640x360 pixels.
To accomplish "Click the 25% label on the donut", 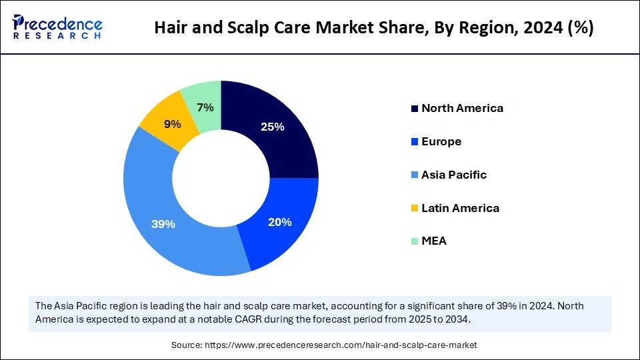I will point(273,127).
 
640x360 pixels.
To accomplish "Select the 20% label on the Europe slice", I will point(279,222).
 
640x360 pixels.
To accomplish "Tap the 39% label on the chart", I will point(163,225).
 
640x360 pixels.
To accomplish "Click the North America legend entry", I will point(462,108).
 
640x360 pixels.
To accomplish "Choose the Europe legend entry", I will point(441,141).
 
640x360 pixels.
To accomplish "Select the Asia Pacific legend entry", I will point(454,175).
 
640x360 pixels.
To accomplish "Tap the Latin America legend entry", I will point(460,208).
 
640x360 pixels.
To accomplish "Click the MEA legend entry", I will point(434,241).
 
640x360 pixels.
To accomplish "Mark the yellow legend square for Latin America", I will point(415,209).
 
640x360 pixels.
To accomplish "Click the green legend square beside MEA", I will point(415,241).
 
